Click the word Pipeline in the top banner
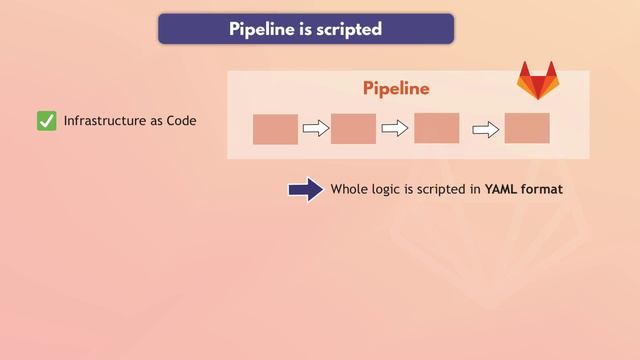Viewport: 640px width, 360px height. (261, 29)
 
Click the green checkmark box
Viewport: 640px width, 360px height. (46, 121)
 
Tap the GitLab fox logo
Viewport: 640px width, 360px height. (537, 81)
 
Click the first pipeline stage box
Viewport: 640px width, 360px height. (275, 129)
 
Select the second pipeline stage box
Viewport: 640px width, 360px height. (353, 129)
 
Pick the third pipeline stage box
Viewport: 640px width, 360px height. (436, 128)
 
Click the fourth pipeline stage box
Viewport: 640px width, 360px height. (527, 128)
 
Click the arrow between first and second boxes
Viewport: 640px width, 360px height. (315, 128)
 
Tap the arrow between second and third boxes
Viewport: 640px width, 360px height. (396, 128)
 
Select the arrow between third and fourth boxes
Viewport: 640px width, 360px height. (486, 128)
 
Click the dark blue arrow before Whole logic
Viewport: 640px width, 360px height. (305, 189)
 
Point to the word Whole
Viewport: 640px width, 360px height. (350, 189)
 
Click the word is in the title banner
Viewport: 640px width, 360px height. (306, 29)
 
